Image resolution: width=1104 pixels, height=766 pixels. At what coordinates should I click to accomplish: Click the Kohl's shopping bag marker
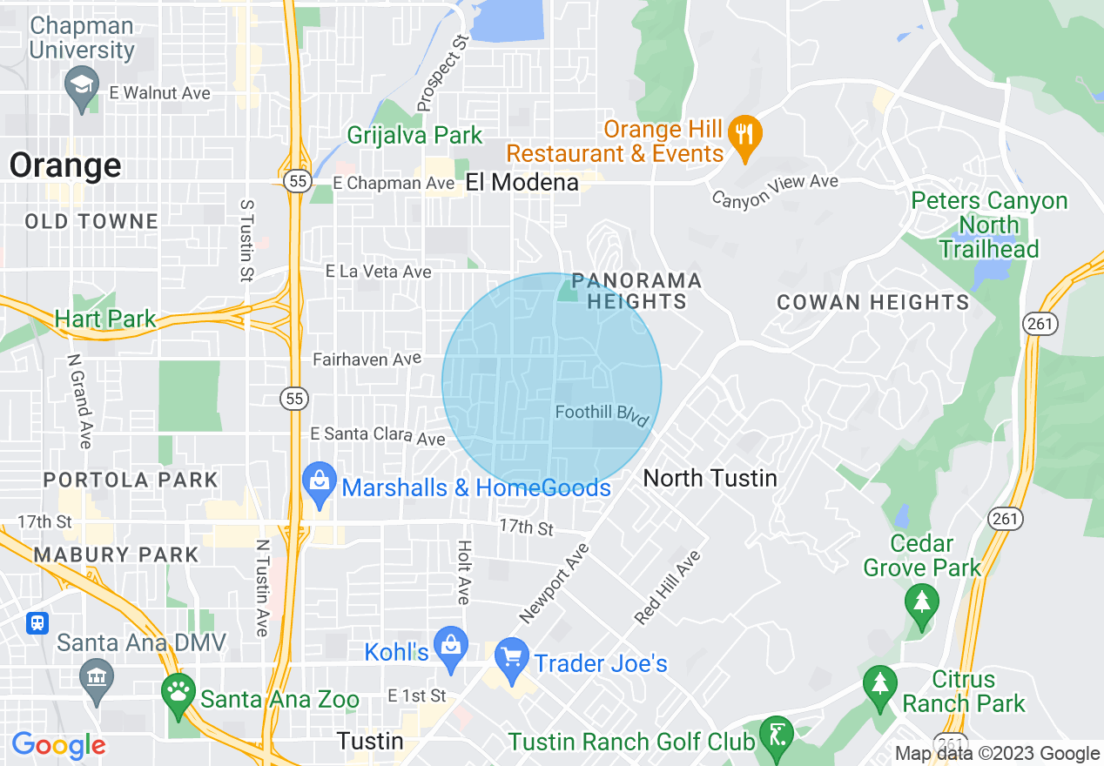451,648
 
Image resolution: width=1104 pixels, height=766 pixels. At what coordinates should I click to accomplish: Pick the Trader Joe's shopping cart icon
511,658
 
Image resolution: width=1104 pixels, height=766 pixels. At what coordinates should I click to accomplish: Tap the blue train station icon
37,623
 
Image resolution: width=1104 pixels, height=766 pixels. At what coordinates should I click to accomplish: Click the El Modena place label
522,182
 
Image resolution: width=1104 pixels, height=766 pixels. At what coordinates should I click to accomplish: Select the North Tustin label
710,478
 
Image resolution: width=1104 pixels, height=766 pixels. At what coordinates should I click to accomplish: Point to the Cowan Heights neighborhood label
872,303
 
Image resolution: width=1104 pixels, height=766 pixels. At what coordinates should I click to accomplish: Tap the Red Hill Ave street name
667,588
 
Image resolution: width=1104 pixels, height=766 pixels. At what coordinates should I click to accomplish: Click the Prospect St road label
443,73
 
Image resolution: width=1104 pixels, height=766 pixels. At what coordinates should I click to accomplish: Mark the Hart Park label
105,319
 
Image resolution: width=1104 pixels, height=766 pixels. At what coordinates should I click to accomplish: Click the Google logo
58,745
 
